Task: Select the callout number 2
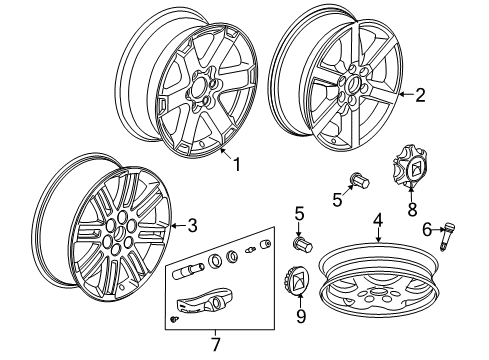pos(420,96)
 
